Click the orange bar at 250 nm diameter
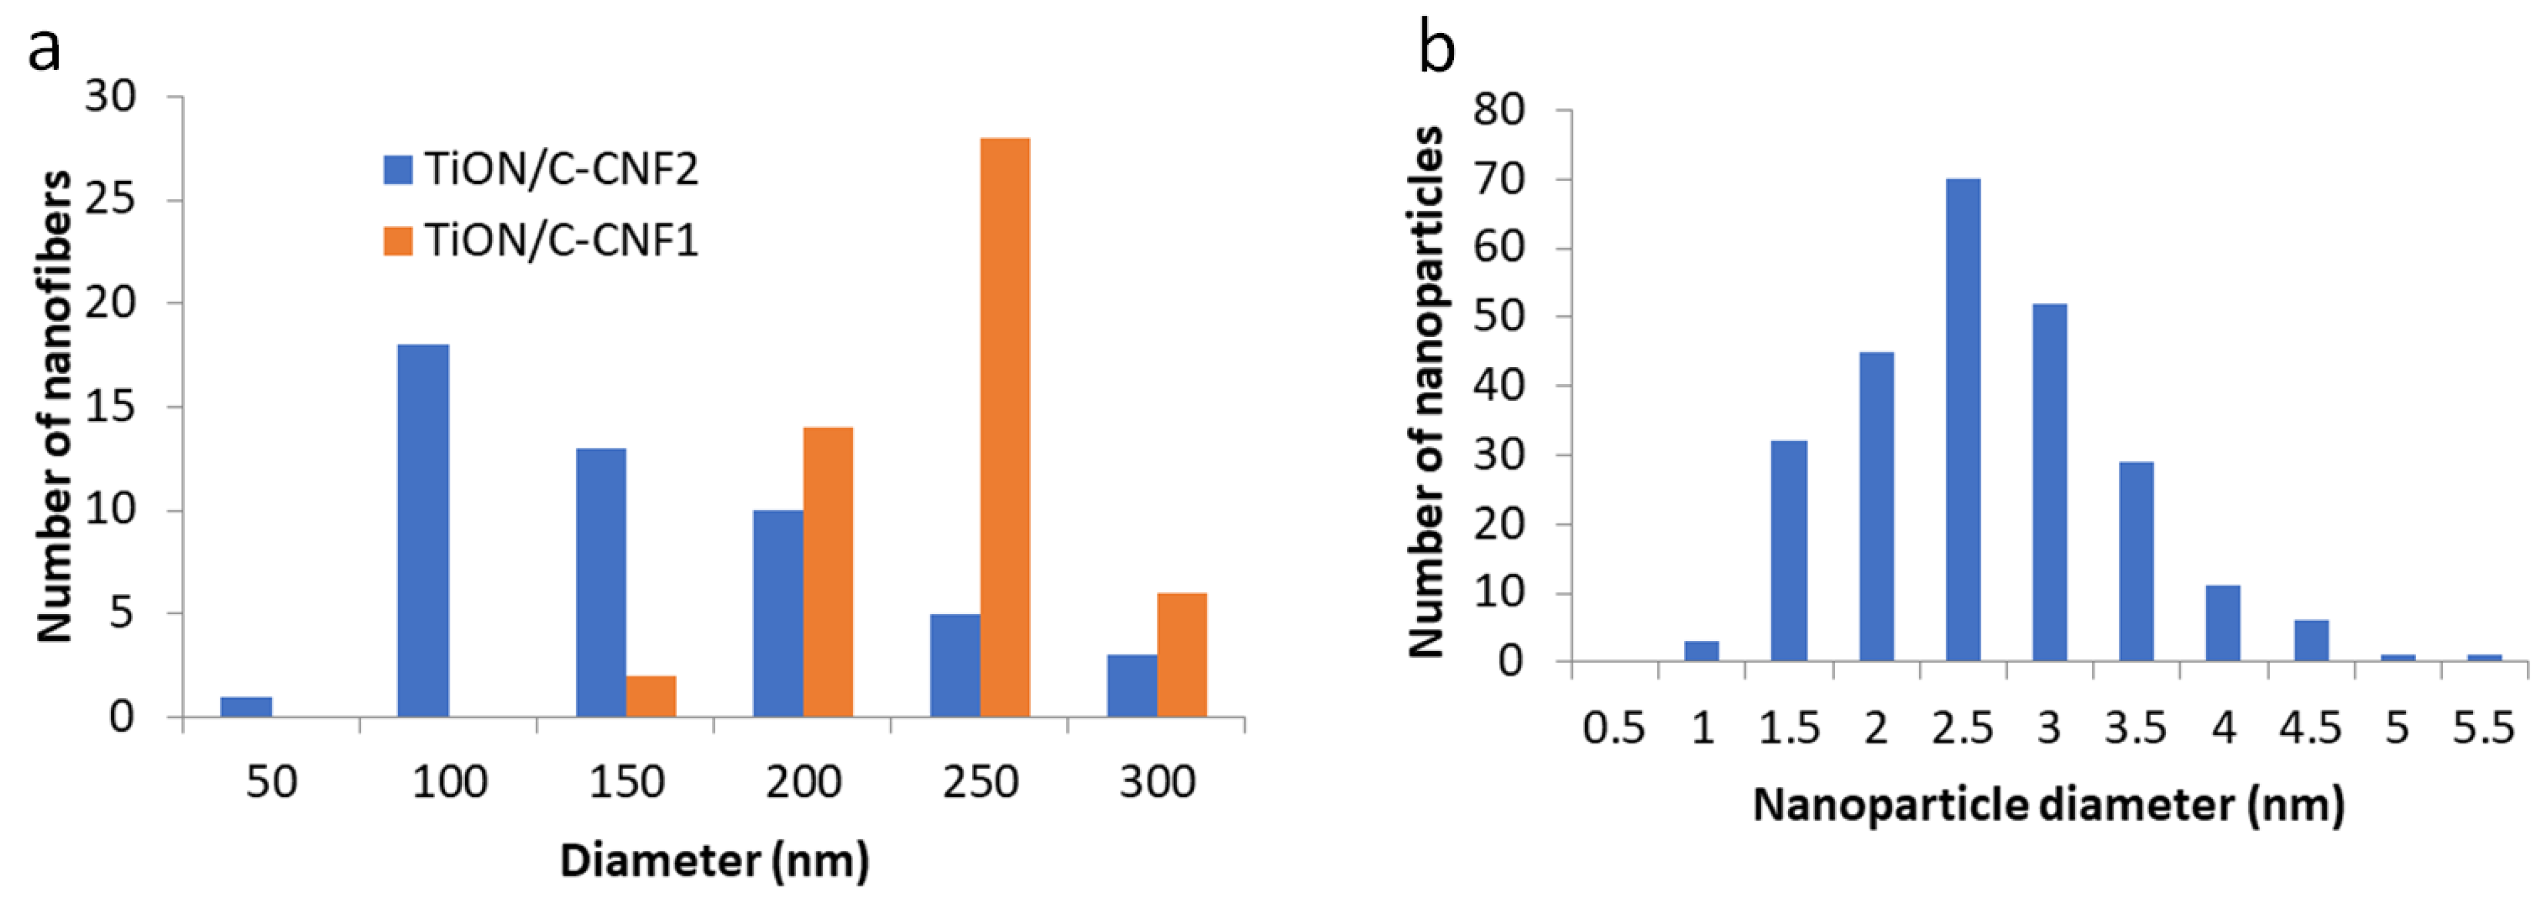pos(1004,427)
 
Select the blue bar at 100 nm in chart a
pos(423,530)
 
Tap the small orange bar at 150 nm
pos(651,695)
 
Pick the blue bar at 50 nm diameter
pos(246,706)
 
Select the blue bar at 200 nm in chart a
pos(778,613)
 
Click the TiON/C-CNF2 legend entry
pos(541,169)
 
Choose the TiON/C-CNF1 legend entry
pos(541,240)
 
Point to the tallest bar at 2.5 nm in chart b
pos(1963,420)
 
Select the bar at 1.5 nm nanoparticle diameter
pos(1789,550)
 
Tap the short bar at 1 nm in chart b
pos(1701,651)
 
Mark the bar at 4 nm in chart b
pos(2223,623)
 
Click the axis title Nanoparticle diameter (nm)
pos(2049,805)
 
